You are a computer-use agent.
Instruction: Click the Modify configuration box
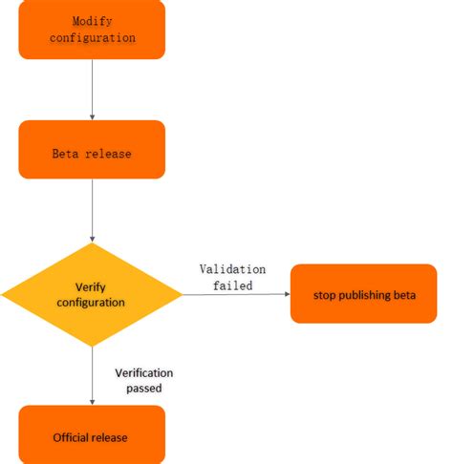[92, 29]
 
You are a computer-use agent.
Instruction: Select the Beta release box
[92, 150]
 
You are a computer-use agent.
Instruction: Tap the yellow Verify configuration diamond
[92, 294]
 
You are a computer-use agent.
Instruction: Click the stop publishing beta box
[363, 293]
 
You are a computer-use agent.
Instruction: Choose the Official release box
[92, 435]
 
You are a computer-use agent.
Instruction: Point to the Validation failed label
[232, 277]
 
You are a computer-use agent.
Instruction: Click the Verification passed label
[144, 380]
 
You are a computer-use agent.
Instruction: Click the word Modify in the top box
[92, 20]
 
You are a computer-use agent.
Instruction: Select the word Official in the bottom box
[71, 436]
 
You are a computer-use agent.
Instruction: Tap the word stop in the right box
[325, 293]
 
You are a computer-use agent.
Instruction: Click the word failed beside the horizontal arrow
[232, 285]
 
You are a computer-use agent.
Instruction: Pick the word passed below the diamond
[144, 389]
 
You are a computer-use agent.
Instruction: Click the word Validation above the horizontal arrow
[232, 269]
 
